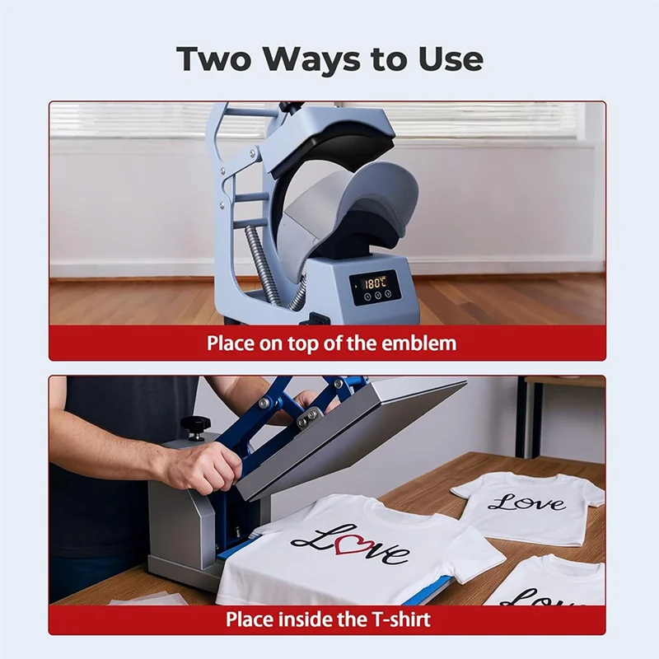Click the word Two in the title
pos(213,59)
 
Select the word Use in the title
pos(451,59)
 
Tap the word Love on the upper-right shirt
pos(526,502)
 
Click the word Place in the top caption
pos(230,344)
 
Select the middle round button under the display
pos(377,295)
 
